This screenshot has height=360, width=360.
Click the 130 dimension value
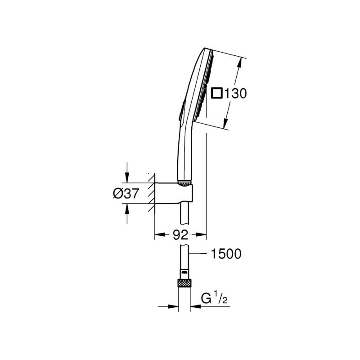[235, 94]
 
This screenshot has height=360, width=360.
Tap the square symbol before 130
[217, 94]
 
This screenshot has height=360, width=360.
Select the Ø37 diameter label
[126, 193]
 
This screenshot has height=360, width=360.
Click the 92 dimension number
[180, 234]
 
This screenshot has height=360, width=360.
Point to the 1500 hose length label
[226, 254]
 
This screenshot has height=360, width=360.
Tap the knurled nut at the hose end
[184, 283]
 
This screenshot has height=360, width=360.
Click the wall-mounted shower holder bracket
[174, 193]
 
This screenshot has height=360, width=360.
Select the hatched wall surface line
[154, 193]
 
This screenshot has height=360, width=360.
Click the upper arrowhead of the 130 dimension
[239, 63]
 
